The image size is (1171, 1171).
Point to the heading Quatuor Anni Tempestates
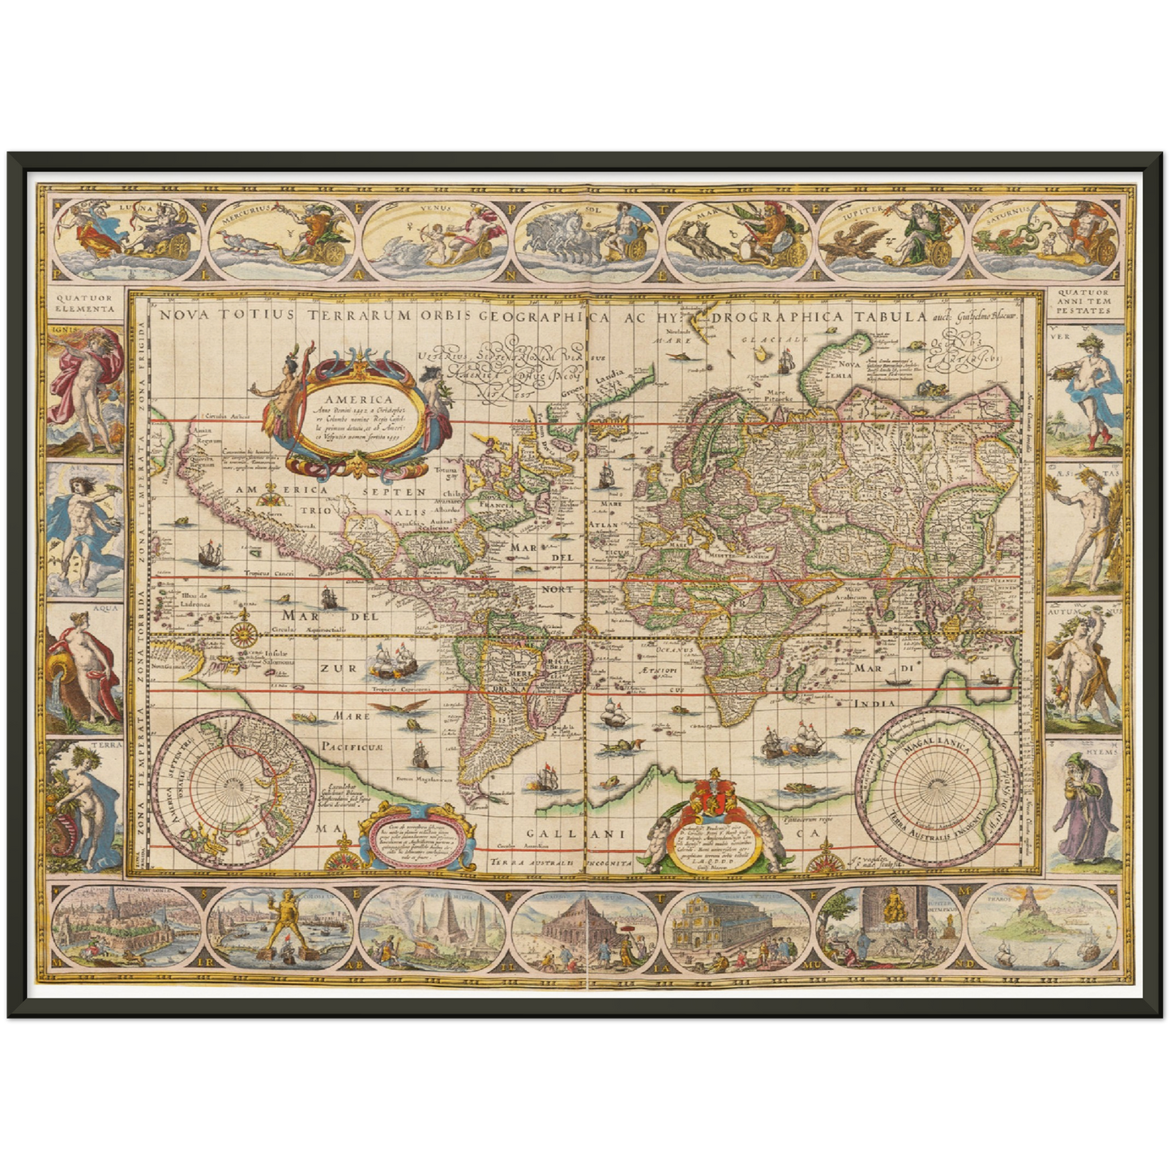pyautogui.click(x=1084, y=303)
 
